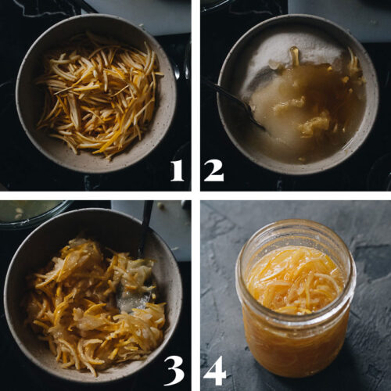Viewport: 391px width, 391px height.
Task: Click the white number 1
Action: (177, 169)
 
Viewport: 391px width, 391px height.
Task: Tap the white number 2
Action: (213, 169)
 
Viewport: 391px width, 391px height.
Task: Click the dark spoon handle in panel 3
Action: (146, 227)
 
